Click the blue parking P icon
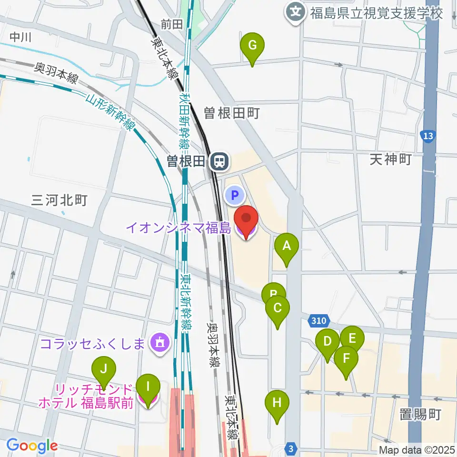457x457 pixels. click(x=235, y=194)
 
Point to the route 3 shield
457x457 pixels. click(x=291, y=448)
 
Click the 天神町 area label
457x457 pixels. click(x=390, y=159)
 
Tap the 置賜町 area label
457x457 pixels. click(x=420, y=414)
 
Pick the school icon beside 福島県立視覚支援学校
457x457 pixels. click(x=296, y=11)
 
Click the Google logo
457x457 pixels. click(x=32, y=446)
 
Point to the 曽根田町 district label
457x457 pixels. click(x=231, y=113)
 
